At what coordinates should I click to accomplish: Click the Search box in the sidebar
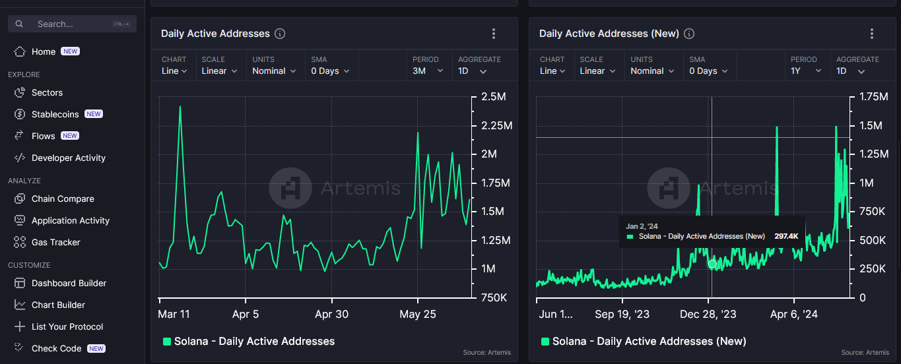72,24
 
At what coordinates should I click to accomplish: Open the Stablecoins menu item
55,114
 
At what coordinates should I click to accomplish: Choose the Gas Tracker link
56,242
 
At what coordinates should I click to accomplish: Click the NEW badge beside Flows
70,136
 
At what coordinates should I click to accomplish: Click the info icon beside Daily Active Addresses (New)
689,34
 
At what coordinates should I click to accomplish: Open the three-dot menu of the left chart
494,34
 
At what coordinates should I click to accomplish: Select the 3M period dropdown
428,71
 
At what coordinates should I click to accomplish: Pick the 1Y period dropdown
806,71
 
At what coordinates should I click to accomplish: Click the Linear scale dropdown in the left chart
219,71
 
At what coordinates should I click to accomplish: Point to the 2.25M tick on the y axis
497,126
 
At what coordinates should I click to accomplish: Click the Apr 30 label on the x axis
332,314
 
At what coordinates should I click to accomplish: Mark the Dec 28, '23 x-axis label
708,314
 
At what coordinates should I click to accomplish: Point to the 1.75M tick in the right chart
874,97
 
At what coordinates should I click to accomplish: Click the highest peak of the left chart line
180,107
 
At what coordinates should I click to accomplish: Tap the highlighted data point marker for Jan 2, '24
712,264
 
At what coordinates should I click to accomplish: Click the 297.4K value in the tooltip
786,236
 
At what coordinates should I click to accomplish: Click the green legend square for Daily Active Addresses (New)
545,342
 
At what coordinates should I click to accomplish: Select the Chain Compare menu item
63,199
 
